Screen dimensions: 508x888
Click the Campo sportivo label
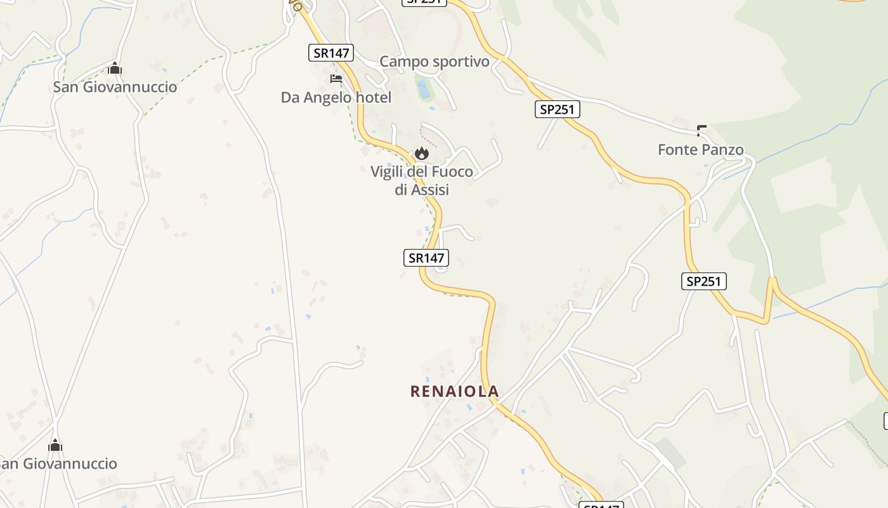(434, 62)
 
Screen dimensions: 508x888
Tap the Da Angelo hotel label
(336, 97)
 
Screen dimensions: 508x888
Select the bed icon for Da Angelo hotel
(336, 79)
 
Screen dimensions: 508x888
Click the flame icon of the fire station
(422, 153)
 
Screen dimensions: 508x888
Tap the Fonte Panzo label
(700, 150)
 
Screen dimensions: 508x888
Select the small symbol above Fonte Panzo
(702, 131)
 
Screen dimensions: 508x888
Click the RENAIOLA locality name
(455, 391)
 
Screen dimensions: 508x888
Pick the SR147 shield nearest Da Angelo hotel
(331, 53)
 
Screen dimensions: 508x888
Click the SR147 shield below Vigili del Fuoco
(426, 258)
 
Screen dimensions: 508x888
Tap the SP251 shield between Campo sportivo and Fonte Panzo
(557, 109)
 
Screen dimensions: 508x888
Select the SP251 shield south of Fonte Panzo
(704, 281)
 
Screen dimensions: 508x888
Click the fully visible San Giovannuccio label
(115, 87)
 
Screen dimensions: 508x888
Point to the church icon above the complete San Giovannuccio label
(115, 68)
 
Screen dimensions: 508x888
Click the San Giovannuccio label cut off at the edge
(58, 464)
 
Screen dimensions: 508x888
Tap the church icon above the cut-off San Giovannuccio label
(55, 445)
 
